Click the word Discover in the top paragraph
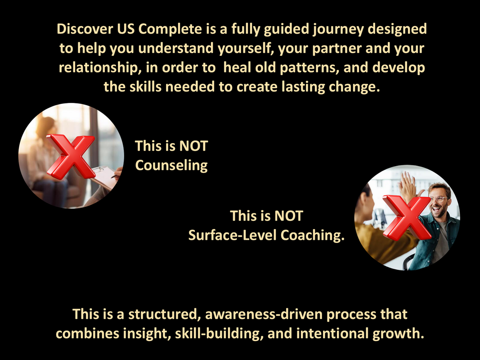coord(85,29)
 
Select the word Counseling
coord(171,165)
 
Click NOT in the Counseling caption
coord(193,146)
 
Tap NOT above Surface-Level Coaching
coord(289,216)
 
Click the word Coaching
coord(313,235)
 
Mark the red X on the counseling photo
coord(71,157)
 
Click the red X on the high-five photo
coord(407,218)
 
